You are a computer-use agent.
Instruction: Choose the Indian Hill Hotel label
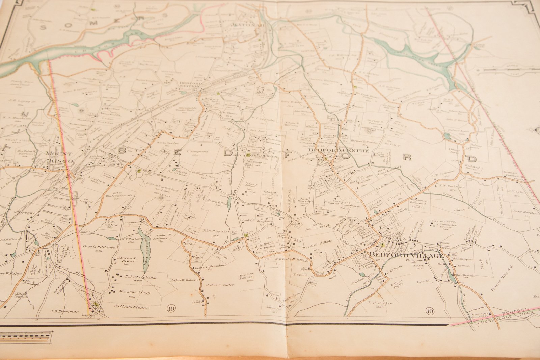pos(441,221)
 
